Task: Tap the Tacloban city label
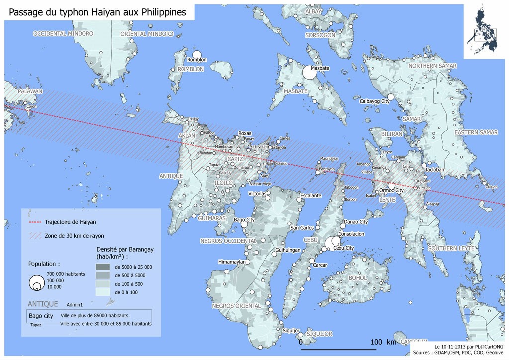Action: (434, 170)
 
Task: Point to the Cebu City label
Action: (343, 248)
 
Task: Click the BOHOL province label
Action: (358, 278)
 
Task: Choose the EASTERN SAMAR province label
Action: (476, 132)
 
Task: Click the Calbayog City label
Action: (374, 101)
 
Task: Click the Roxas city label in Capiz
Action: (245, 134)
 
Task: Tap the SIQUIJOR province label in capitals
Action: (319, 334)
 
